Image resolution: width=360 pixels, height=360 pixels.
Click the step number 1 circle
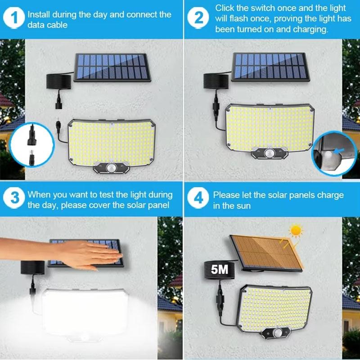pyautogui.click(x=15, y=19)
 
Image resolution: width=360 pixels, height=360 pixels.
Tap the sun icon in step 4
pyautogui.click(x=295, y=230)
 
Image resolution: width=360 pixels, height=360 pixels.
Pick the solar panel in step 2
pyautogui.click(x=269, y=67)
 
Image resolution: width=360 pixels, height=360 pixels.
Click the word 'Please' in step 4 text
pyautogui.click(x=227, y=195)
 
